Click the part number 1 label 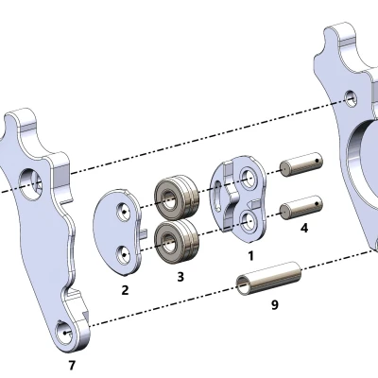[x=250, y=255]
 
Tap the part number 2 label [x=125, y=290]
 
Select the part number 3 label [x=180, y=277]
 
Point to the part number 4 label [x=303, y=228]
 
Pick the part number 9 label [x=275, y=305]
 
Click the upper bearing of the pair [x=177, y=197]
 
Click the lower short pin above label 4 [x=301, y=202]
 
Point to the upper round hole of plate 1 [x=249, y=177]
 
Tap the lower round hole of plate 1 [x=247, y=219]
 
